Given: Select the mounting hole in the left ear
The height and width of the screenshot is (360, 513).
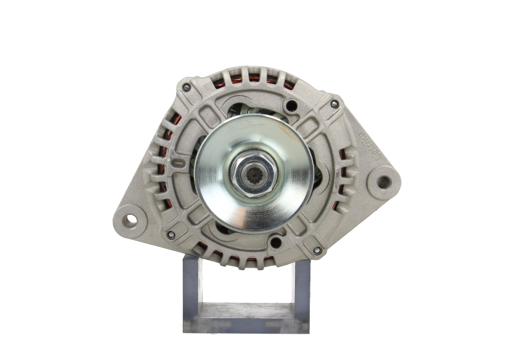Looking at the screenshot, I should point(131,219).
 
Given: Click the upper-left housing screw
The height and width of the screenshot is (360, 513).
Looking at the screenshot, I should point(186,87).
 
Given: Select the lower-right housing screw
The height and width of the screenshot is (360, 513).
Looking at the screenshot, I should point(316,249).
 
